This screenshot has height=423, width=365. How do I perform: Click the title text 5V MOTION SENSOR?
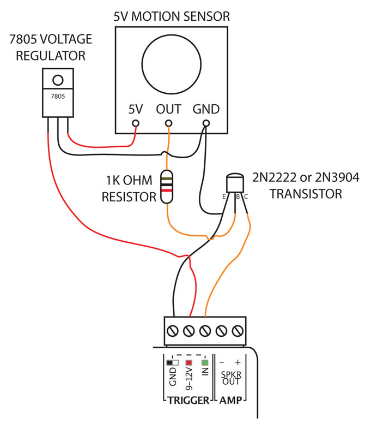point(172,16)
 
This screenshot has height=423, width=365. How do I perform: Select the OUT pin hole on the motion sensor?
point(169,123)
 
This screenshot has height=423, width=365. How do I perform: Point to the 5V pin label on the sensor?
point(136,109)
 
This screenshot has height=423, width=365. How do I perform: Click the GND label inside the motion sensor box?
point(206,109)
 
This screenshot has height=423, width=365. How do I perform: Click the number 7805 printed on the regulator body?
point(57,97)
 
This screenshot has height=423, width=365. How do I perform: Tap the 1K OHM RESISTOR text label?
point(130,188)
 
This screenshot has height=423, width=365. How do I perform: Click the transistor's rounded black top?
point(235,182)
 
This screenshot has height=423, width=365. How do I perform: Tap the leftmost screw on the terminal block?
point(173,331)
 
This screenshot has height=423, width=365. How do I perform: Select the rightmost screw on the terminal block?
point(238,331)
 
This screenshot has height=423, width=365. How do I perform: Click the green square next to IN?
point(205,362)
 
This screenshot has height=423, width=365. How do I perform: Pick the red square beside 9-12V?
point(189,362)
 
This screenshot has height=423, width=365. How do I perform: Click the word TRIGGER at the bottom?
point(187,401)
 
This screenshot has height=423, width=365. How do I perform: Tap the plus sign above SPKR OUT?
point(238,362)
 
